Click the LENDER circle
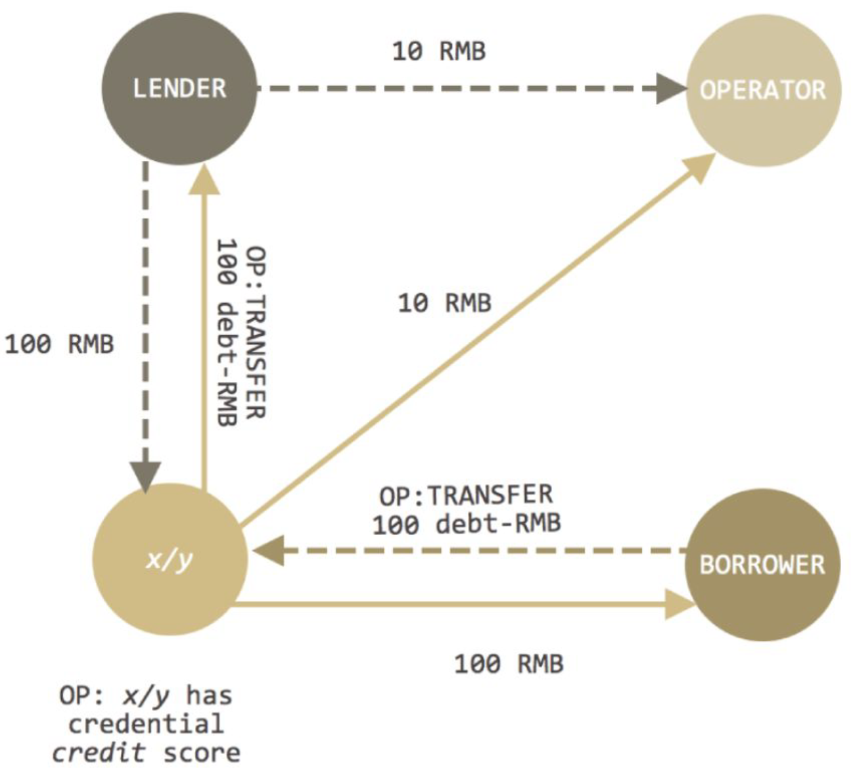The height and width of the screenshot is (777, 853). (x=179, y=88)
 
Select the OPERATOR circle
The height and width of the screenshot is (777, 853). (x=764, y=90)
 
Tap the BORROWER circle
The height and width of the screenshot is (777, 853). (x=763, y=565)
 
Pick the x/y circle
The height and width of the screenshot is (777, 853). (x=170, y=559)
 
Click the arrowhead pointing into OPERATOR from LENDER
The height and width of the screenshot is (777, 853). (x=672, y=89)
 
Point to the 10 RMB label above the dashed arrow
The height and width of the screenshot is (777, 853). (x=439, y=51)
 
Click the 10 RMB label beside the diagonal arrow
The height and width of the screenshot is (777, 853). (x=445, y=303)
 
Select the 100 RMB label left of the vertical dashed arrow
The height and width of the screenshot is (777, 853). (x=60, y=344)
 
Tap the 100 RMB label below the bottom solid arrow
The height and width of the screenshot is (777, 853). (x=509, y=664)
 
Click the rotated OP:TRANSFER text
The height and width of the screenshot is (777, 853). (x=256, y=333)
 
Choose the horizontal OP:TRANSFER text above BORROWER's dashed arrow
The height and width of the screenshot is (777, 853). (x=466, y=495)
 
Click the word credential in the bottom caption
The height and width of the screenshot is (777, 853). (x=146, y=724)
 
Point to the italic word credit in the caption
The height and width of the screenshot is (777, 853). (x=99, y=752)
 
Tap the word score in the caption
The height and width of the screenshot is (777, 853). (x=202, y=753)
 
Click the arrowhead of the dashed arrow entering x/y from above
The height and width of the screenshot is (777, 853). (x=145, y=477)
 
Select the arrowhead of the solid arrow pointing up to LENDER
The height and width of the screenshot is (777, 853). (x=204, y=179)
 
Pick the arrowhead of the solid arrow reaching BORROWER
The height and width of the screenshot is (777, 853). (x=681, y=604)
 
